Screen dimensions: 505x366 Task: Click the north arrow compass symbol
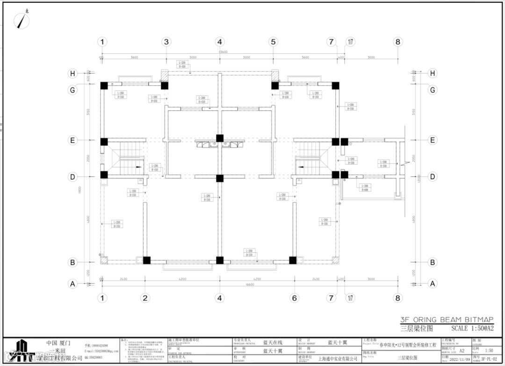point(21,20)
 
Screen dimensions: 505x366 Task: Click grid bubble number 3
point(166,42)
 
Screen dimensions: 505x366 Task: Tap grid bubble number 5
point(273,42)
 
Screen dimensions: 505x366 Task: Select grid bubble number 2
point(145,298)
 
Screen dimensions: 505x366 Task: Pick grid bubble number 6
point(294,298)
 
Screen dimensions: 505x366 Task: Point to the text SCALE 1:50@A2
point(472,329)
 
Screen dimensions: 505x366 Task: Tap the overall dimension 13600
point(223,52)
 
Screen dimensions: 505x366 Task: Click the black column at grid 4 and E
point(219,138)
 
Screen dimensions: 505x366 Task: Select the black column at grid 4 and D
point(219,178)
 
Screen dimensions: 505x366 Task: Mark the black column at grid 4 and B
point(219,260)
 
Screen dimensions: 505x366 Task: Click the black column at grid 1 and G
point(104,86)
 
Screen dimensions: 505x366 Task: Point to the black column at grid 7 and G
point(335,86)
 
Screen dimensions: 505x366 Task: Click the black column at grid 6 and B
point(293,260)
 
